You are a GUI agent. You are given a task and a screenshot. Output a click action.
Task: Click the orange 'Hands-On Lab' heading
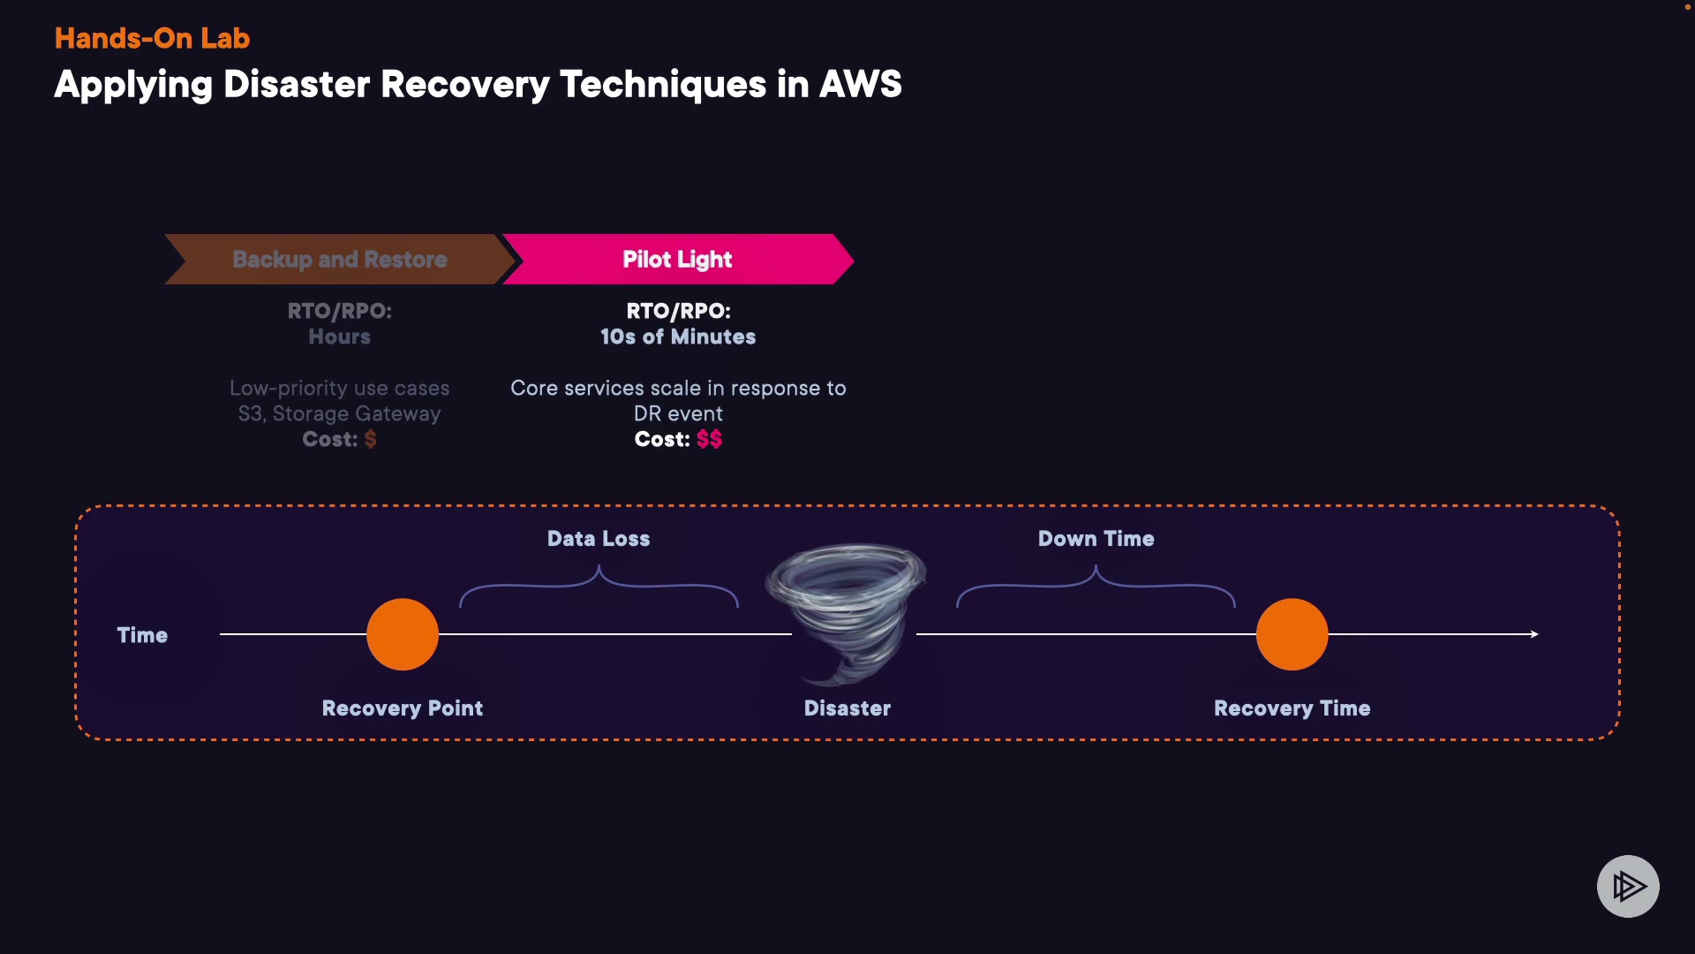152,38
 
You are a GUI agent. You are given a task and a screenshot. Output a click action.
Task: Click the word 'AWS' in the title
860,85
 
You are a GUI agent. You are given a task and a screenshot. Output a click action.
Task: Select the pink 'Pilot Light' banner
677,259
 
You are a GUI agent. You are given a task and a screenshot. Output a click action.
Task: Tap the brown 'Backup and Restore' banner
340,259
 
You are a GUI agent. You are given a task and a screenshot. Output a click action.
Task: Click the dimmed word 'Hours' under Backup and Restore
339,337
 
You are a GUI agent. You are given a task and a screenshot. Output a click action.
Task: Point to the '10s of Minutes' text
678,337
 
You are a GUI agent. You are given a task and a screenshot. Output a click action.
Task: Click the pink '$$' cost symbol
709,439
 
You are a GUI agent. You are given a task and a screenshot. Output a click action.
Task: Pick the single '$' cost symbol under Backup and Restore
371,439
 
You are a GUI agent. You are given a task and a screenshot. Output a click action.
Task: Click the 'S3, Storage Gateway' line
339,413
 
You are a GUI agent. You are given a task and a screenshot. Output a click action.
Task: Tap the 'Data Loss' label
599,539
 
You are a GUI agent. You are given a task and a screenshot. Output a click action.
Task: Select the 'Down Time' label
1096,539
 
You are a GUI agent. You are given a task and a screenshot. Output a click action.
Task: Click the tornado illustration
845,609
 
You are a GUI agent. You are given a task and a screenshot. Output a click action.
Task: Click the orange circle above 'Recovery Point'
403,634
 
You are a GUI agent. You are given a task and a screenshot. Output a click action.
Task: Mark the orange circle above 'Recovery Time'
1292,634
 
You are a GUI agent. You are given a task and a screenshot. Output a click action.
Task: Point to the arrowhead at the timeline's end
1534,634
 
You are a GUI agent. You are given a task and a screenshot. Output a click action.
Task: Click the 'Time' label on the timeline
142,635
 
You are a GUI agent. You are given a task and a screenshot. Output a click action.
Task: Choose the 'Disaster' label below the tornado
847,708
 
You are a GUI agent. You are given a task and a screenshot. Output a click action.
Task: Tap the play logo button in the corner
1628,886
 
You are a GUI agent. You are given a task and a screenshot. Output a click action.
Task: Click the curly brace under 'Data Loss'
599,586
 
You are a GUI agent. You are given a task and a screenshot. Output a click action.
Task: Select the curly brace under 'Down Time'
1096,586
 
